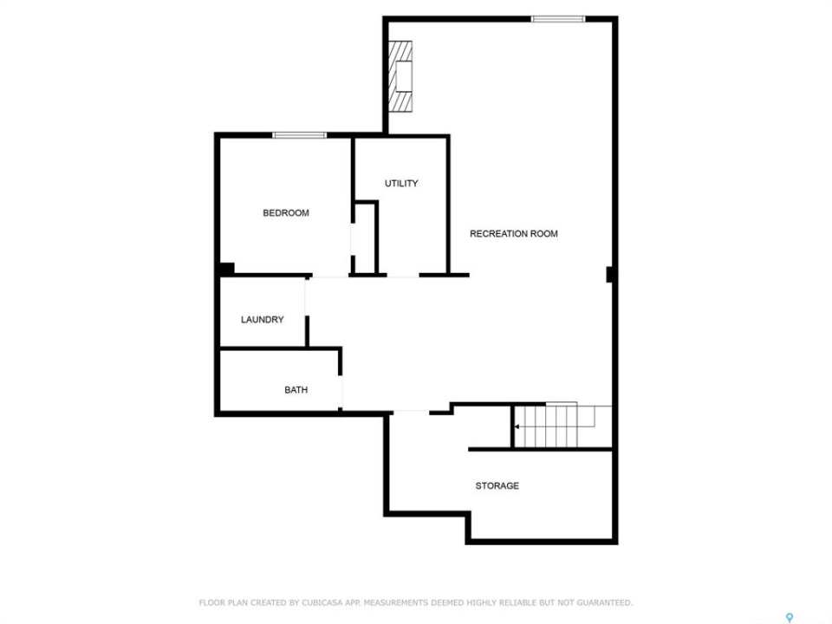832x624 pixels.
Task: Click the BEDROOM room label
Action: click(286, 213)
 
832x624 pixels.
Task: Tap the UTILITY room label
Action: click(401, 183)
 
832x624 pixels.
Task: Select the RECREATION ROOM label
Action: click(514, 233)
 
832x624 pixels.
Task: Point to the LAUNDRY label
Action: click(262, 320)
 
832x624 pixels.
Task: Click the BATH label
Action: click(296, 390)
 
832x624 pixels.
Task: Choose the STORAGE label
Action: click(497, 485)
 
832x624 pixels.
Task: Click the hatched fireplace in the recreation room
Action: click(400, 76)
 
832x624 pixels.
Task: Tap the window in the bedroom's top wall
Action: click(299, 135)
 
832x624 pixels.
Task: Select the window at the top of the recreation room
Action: click(557, 19)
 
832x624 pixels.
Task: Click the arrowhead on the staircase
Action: click(517, 426)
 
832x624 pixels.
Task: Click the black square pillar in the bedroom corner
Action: click(226, 269)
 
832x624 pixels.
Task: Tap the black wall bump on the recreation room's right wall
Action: click(609, 275)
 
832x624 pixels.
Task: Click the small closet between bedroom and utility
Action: click(364, 237)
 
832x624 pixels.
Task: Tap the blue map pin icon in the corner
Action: click(790, 617)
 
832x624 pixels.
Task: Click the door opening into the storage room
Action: click(411, 412)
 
